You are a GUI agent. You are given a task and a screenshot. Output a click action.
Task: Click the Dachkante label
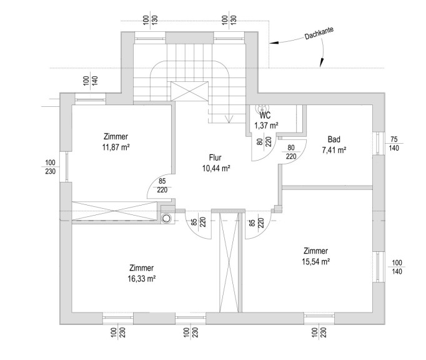point(319,34)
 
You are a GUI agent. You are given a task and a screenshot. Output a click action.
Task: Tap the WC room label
point(265,115)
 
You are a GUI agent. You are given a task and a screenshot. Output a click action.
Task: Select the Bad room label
point(334,139)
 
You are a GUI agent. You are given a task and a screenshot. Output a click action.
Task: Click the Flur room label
point(215,157)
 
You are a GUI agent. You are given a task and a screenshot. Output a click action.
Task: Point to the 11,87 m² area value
point(116,147)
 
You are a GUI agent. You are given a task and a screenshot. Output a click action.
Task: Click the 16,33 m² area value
point(142,279)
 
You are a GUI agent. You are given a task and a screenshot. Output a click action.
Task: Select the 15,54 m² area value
point(315,262)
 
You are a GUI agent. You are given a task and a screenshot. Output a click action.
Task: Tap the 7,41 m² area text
point(334,150)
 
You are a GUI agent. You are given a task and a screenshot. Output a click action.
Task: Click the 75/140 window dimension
point(394,144)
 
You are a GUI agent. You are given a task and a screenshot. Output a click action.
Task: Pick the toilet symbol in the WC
point(262,108)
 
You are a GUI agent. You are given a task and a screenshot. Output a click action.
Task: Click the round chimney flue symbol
point(166,218)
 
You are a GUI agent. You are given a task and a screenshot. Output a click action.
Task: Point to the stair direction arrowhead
point(229,119)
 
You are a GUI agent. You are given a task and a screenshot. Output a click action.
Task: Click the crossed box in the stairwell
point(189,91)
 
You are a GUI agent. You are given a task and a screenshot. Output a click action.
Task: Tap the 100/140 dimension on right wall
point(397,267)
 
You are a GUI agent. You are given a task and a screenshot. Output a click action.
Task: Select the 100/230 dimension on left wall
point(50,167)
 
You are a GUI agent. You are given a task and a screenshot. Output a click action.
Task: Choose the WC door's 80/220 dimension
point(265,142)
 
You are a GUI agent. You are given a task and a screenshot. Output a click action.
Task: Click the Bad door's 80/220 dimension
point(291,152)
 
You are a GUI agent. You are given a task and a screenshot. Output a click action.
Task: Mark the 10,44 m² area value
point(216,169)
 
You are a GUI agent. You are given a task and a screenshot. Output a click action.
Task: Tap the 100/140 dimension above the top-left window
point(90,81)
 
